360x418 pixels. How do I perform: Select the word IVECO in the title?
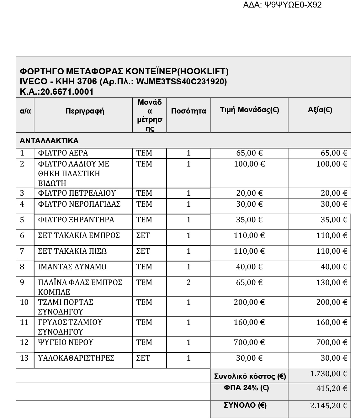pos(34,82)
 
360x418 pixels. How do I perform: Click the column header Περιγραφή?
pos(85,111)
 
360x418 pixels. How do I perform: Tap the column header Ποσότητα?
pos(188,111)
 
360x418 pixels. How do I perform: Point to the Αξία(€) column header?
pos(320,109)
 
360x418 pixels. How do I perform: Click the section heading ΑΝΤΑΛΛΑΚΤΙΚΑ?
pos(49,140)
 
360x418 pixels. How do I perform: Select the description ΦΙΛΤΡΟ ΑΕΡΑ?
pos(63,153)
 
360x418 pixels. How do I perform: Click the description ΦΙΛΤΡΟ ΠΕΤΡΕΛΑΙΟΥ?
pos(77,193)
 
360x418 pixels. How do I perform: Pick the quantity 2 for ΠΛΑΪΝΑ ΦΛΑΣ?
pos(188,283)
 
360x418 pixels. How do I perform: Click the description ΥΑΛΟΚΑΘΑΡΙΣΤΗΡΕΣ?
pos(76,358)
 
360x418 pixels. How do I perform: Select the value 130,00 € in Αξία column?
pos(332,283)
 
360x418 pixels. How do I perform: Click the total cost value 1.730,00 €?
pos(329,374)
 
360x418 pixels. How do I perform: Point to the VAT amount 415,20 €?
pos(332,389)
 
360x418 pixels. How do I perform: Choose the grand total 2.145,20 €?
pos(329,406)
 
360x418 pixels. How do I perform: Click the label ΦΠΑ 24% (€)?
pos(246,388)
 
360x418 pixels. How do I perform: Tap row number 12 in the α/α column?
pos(24,342)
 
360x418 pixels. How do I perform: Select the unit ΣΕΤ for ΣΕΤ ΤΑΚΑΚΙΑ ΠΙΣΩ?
pos(143,251)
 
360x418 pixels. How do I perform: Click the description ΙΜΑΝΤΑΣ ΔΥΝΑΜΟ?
pos(72,267)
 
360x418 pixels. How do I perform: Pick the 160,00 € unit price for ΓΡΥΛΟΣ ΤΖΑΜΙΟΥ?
pos(249,322)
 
